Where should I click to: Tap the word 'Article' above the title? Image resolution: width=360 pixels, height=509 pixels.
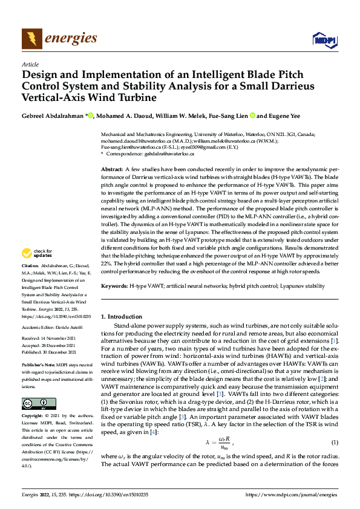click(30, 64)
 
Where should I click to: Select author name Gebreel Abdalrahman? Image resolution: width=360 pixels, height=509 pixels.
click(53, 115)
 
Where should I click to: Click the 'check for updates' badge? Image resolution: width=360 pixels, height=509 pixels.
click(38, 270)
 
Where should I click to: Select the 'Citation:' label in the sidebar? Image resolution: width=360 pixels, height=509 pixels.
click(30, 282)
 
